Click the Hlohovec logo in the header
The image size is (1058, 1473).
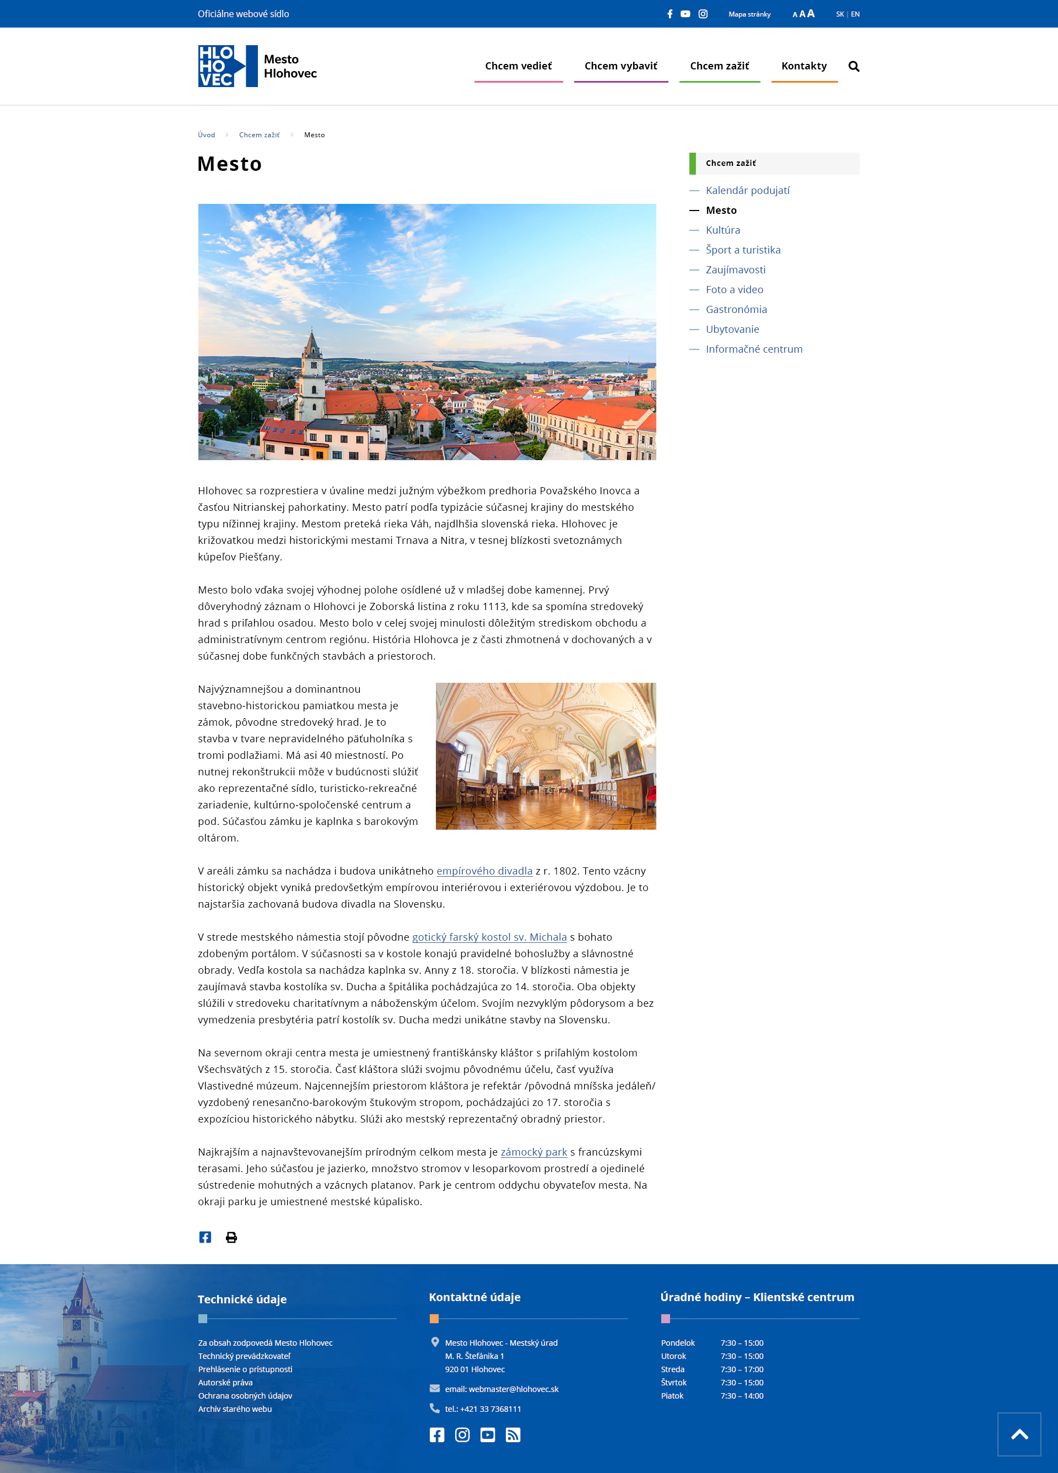click(x=257, y=66)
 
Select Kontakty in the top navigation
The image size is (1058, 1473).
click(x=803, y=66)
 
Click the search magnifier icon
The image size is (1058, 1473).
click(x=854, y=66)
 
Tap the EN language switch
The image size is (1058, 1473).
click(x=855, y=14)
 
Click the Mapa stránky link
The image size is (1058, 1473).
click(x=749, y=14)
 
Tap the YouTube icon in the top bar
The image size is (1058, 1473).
click(x=685, y=14)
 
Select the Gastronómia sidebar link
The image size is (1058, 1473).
click(x=736, y=309)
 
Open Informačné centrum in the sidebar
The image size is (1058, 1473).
click(x=753, y=349)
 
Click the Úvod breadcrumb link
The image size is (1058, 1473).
click(x=207, y=135)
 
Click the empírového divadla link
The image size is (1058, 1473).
click(x=484, y=871)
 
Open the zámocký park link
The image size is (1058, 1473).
click(x=533, y=1152)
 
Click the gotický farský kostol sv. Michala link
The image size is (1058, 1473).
click(x=489, y=937)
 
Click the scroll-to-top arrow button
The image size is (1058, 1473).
click(x=1018, y=1434)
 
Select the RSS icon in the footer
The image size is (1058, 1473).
click(x=513, y=1434)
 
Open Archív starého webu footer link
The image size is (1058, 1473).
click(x=234, y=1409)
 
